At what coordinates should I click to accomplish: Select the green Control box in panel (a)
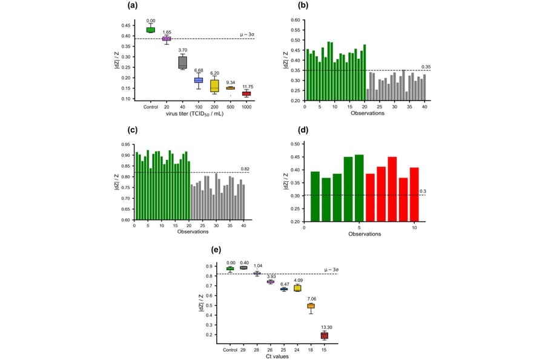point(150,30)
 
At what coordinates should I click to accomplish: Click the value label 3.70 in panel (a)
point(182,50)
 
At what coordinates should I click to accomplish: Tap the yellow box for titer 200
point(214,85)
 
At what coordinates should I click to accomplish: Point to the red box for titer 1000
point(246,93)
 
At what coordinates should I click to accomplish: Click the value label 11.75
point(247,86)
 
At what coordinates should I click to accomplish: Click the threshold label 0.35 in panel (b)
point(426,67)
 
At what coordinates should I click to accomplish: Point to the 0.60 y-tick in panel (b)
point(295,20)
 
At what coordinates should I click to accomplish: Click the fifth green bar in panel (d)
point(359,188)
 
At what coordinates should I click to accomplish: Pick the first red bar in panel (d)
point(370,197)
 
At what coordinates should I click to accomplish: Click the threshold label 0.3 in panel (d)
point(423,192)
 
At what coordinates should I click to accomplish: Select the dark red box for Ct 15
point(324,335)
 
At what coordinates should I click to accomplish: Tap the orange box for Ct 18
point(311,306)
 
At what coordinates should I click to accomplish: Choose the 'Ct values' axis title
point(277,357)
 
